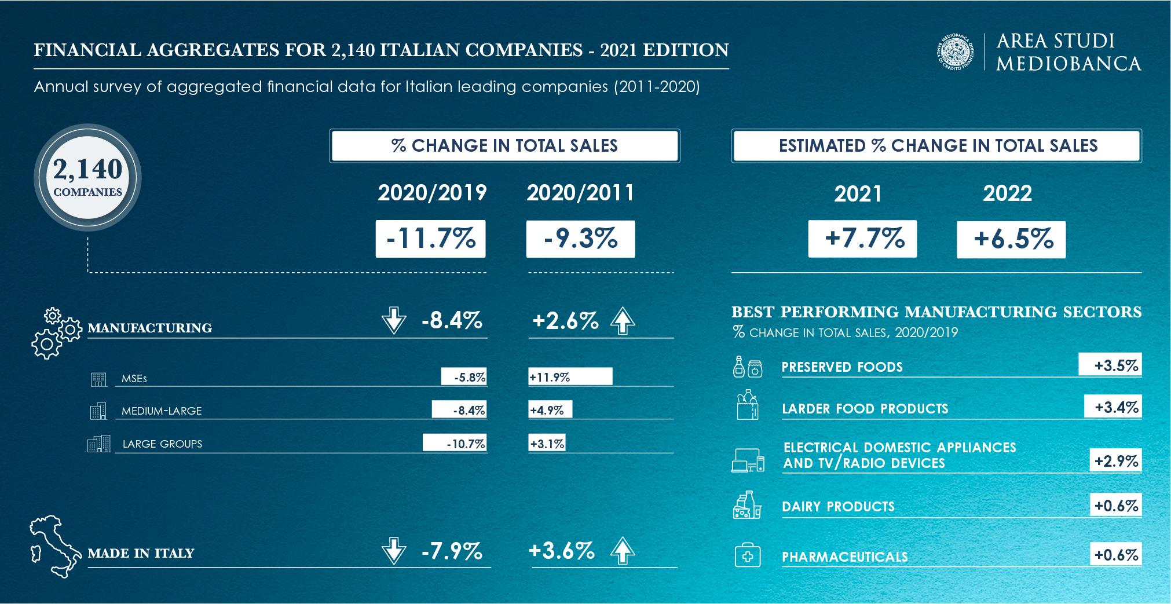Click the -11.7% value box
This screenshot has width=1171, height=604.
[430, 239]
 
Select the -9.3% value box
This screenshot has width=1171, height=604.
[580, 239]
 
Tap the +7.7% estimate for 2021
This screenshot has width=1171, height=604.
[862, 239]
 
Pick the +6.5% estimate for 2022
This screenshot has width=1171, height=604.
[1011, 239]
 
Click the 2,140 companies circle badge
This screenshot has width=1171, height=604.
[87, 177]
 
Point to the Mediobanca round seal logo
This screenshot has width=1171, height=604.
[956, 52]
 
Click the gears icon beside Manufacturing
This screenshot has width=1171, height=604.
[56, 333]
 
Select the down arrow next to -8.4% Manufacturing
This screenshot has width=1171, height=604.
[394, 320]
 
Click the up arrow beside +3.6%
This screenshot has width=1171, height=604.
[623, 550]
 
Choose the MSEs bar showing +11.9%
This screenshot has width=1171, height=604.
[570, 377]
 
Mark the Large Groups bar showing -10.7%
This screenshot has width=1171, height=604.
[455, 443]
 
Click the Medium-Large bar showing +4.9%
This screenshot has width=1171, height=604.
[550, 410]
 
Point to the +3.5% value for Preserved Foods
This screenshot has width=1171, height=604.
[1110, 365]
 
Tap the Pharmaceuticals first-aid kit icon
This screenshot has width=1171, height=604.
[748, 555]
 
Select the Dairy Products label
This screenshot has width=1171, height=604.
[838, 507]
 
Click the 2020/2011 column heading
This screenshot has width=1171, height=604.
[580, 193]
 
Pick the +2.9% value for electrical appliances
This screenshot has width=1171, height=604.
[1115, 461]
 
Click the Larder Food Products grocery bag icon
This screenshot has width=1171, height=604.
[748, 405]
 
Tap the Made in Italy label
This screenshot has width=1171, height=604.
[141, 553]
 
